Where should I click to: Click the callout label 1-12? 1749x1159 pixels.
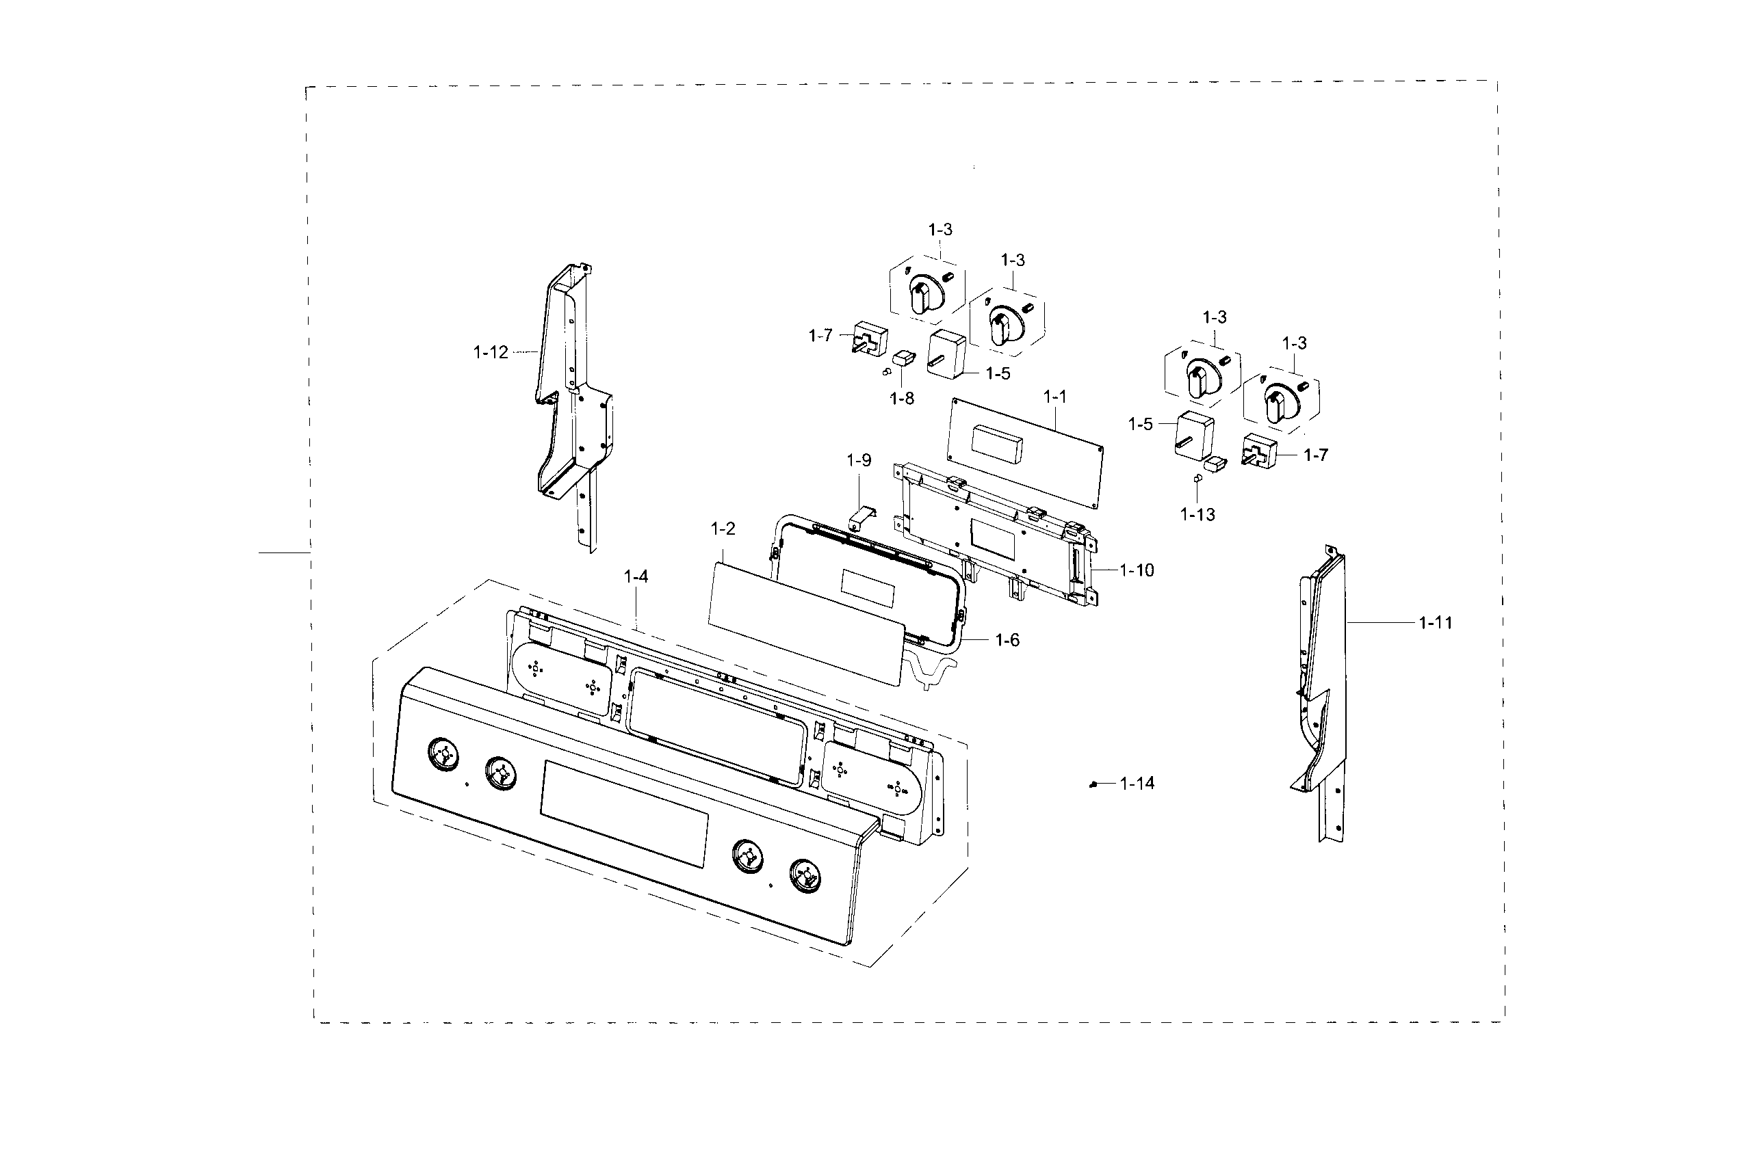(x=491, y=353)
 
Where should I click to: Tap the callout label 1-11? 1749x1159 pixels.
(x=1435, y=623)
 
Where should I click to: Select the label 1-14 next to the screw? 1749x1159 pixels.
(x=1137, y=784)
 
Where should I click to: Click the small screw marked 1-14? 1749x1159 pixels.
(x=1093, y=785)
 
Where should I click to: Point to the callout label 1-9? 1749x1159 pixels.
(x=859, y=460)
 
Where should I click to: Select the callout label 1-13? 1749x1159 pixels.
(x=1197, y=514)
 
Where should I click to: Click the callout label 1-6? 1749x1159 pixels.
(x=1007, y=640)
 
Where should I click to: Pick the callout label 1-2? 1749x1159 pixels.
(x=723, y=529)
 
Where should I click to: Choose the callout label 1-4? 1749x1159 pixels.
(x=635, y=576)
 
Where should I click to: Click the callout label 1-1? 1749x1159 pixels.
(x=1054, y=397)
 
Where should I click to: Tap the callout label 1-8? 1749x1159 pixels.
(x=901, y=399)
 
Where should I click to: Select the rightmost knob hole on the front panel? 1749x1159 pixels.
(x=805, y=876)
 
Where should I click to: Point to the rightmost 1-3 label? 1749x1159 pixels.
(x=1293, y=343)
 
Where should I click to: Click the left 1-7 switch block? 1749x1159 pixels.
(x=870, y=338)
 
